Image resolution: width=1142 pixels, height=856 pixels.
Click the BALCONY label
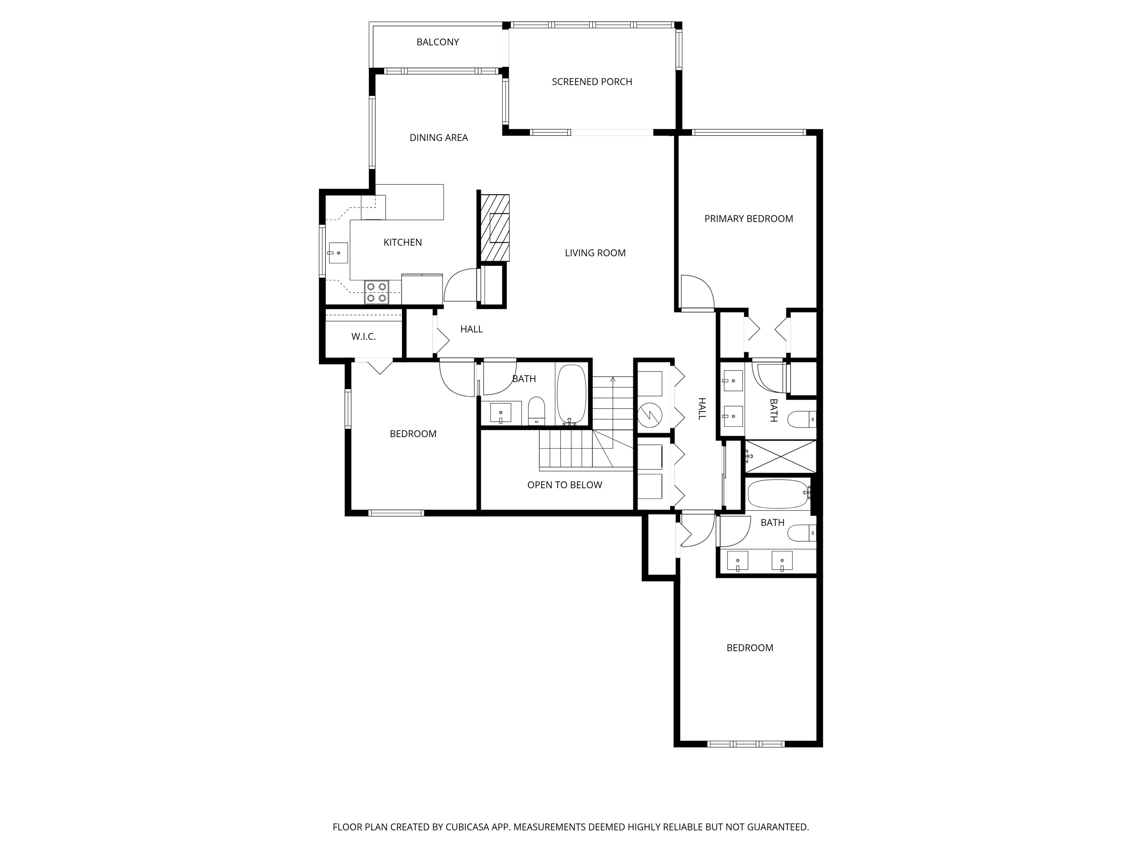437,42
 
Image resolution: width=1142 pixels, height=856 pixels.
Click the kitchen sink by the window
338,253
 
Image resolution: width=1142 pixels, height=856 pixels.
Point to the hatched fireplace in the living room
494,228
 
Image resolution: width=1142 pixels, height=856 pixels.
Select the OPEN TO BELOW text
564,485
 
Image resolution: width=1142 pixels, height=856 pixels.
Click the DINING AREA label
438,138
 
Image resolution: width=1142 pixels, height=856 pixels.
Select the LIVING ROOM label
595,253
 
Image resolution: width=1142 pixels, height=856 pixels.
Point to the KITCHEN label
402,242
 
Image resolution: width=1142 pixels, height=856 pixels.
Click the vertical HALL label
702,409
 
